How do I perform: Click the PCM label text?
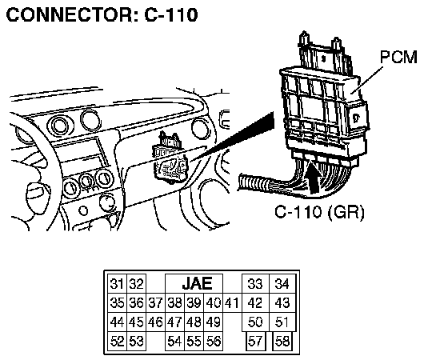coord(398,57)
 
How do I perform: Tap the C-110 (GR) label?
coord(320,212)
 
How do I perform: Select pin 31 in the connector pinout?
coord(117,284)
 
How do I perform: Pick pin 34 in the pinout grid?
coord(282,284)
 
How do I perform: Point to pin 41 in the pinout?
coord(232,303)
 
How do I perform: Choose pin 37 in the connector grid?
coord(155,303)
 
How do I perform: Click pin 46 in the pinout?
coord(155,322)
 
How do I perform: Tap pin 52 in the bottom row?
coord(117,341)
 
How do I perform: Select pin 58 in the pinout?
coord(282,341)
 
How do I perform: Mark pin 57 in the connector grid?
coord(256,341)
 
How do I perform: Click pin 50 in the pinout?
coord(255,322)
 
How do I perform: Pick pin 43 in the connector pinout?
coord(282,303)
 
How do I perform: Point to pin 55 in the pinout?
coord(194,341)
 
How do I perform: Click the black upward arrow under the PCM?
coord(315,177)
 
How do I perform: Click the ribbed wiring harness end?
coord(254,183)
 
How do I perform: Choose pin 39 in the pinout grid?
coord(194,303)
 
